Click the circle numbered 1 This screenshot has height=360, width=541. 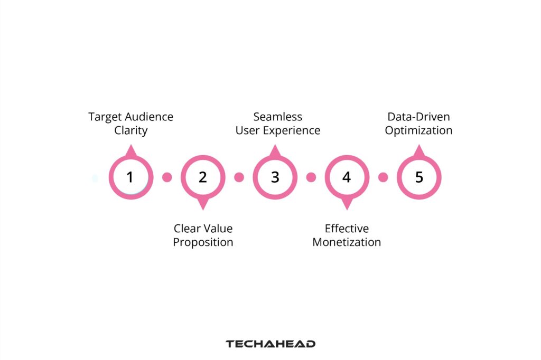tap(130, 177)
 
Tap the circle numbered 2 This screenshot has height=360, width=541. tap(203, 177)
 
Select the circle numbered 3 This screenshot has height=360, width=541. tap(275, 177)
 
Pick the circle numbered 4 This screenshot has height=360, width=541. tap(347, 177)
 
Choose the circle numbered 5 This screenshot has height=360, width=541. tap(419, 177)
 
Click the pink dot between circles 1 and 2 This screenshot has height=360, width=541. tap(167, 177)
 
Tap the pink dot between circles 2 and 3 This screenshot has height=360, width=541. tap(239, 177)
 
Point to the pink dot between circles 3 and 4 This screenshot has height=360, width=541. tap(311, 177)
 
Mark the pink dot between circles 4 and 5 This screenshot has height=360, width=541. tap(383, 177)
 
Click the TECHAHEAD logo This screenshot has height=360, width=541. tap(270, 344)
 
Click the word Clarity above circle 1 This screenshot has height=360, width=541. tap(130, 130)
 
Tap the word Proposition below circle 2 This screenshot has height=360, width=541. tap(203, 242)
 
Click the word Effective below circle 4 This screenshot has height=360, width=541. tap(347, 229)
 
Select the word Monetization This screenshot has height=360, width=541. tap(347, 242)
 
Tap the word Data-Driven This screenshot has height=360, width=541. tap(418, 117)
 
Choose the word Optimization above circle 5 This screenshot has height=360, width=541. tap(418, 130)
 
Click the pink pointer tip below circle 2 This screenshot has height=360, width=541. tap(203, 206)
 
